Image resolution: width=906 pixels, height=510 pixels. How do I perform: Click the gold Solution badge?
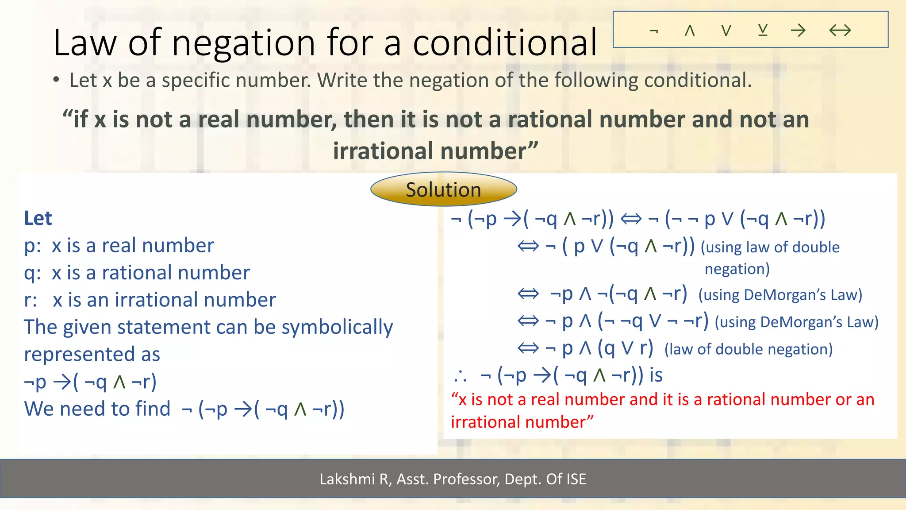point(443,189)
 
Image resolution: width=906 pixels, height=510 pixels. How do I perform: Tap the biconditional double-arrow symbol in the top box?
point(840,31)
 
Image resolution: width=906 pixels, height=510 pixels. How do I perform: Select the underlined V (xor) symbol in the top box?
point(762,30)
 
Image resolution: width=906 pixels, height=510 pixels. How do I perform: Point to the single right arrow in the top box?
point(798,31)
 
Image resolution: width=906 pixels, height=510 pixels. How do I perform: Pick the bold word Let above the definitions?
point(38,218)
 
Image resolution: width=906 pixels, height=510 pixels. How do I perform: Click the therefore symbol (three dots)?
point(460,376)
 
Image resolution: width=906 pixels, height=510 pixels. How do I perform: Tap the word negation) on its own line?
point(737,269)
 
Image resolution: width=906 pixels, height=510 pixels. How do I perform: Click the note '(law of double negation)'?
point(749,349)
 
